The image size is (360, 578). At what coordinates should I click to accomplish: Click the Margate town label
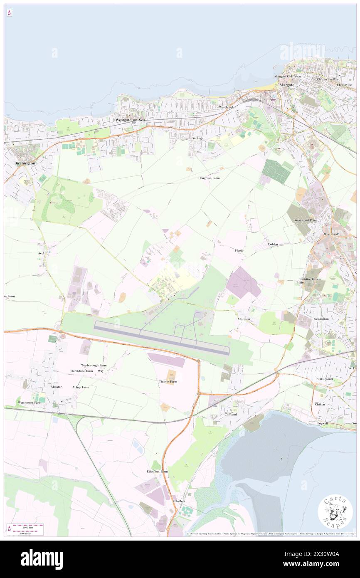(287, 85)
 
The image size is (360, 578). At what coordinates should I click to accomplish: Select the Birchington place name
(25, 163)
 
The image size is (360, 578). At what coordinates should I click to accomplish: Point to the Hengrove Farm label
(208, 178)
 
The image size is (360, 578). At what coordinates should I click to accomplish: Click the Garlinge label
(197, 138)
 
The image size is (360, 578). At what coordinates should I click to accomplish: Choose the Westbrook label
(227, 107)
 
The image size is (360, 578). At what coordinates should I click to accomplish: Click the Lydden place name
(273, 244)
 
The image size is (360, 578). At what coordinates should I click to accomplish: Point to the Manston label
(244, 319)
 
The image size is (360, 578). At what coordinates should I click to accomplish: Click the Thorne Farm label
(168, 381)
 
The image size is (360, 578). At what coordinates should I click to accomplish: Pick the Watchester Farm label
(29, 403)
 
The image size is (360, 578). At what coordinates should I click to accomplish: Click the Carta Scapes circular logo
(335, 512)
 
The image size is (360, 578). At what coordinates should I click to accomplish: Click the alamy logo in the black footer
(42, 559)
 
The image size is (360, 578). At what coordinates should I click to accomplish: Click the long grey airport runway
(162, 337)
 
